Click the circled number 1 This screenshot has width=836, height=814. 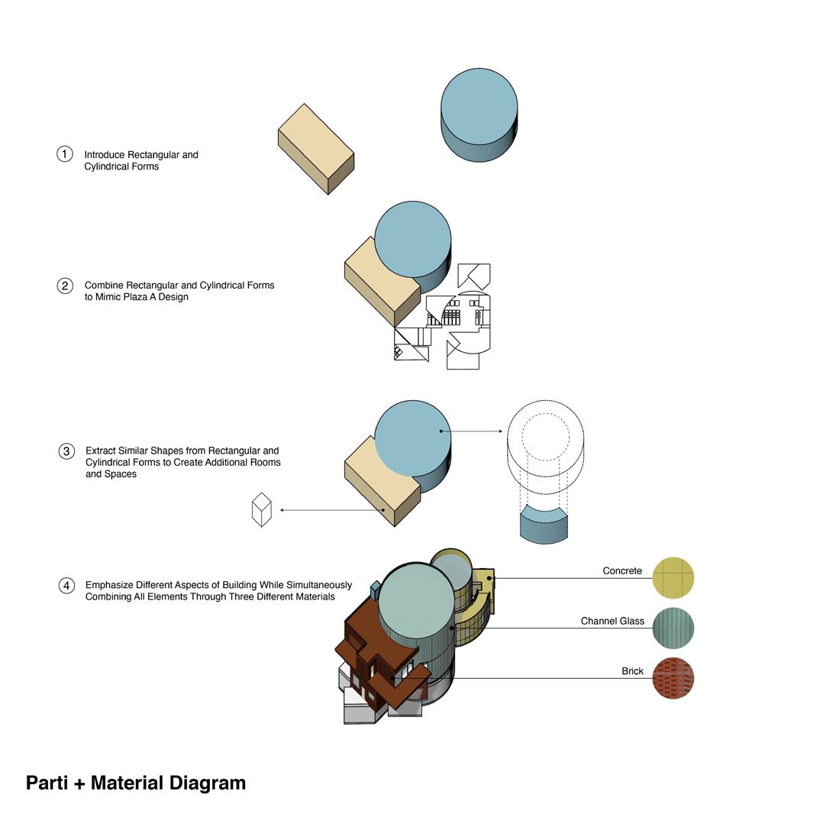pos(65,154)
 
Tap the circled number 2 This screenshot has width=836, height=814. pos(65,286)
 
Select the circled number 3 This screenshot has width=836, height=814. pos(66,451)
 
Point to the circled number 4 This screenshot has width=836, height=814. pos(66,586)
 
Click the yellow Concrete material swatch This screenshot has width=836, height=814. pos(673,577)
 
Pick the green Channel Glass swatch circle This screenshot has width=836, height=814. pos(673,628)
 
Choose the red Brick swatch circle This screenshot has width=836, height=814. pos(673,678)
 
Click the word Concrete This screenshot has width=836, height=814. pos(622,571)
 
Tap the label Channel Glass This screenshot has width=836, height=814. pos(612,622)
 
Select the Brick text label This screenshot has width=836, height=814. pos(632,671)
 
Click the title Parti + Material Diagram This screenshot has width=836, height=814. pos(136,783)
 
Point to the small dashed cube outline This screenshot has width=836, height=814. pos(262,510)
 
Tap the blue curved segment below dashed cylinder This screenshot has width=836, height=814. pos(544,525)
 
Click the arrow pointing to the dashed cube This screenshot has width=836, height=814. pos(328,510)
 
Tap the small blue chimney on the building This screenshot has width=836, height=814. pos(375,590)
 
